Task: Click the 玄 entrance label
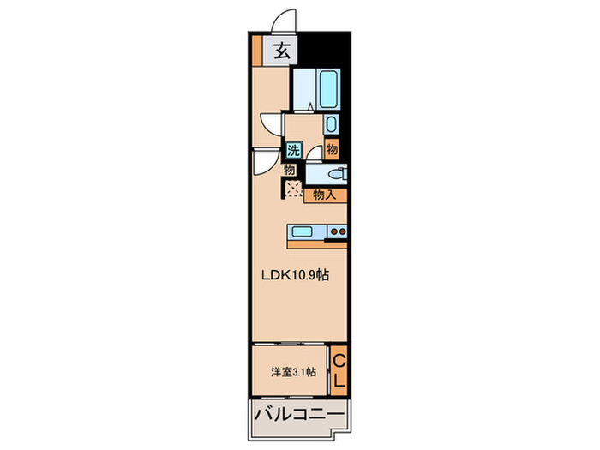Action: point(281,51)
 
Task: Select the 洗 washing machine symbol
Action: point(293,151)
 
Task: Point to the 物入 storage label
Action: point(325,195)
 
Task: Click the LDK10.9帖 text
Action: point(295,275)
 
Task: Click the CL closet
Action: point(339,369)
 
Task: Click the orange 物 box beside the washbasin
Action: point(333,150)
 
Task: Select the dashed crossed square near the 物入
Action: point(292,190)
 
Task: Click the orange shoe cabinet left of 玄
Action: point(257,51)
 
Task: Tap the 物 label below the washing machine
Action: point(290,171)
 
